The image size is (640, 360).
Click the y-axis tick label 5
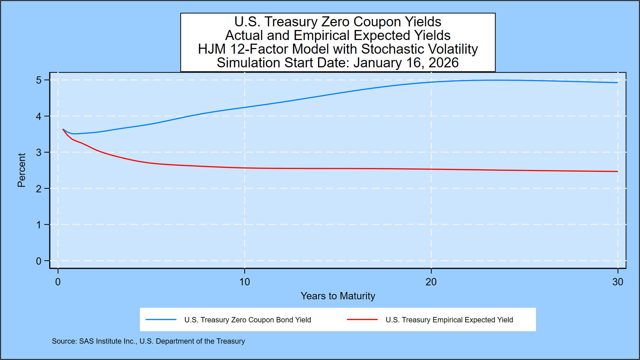[x=39, y=80]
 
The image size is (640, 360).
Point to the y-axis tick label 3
[x=39, y=153]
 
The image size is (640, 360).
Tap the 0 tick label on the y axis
[x=39, y=261]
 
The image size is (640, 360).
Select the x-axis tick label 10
[x=244, y=282]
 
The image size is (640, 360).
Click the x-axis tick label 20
[x=431, y=282]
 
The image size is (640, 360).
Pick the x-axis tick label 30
[x=617, y=282]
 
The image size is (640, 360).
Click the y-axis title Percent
[x=21, y=170]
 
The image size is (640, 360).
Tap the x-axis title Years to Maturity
[x=338, y=296]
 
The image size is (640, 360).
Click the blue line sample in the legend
[x=161, y=320]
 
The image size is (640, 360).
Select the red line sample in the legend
[x=362, y=320]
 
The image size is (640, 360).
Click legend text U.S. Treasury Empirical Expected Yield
[x=449, y=320]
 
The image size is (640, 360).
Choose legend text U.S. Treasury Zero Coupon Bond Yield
[x=247, y=320]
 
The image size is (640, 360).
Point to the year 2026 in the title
[x=443, y=63]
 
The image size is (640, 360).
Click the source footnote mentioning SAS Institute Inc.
[x=148, y=341]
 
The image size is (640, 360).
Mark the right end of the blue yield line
[x=617, y=83]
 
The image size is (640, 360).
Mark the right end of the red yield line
[x=617, y=171]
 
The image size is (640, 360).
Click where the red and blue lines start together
[x=63, y=129]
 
